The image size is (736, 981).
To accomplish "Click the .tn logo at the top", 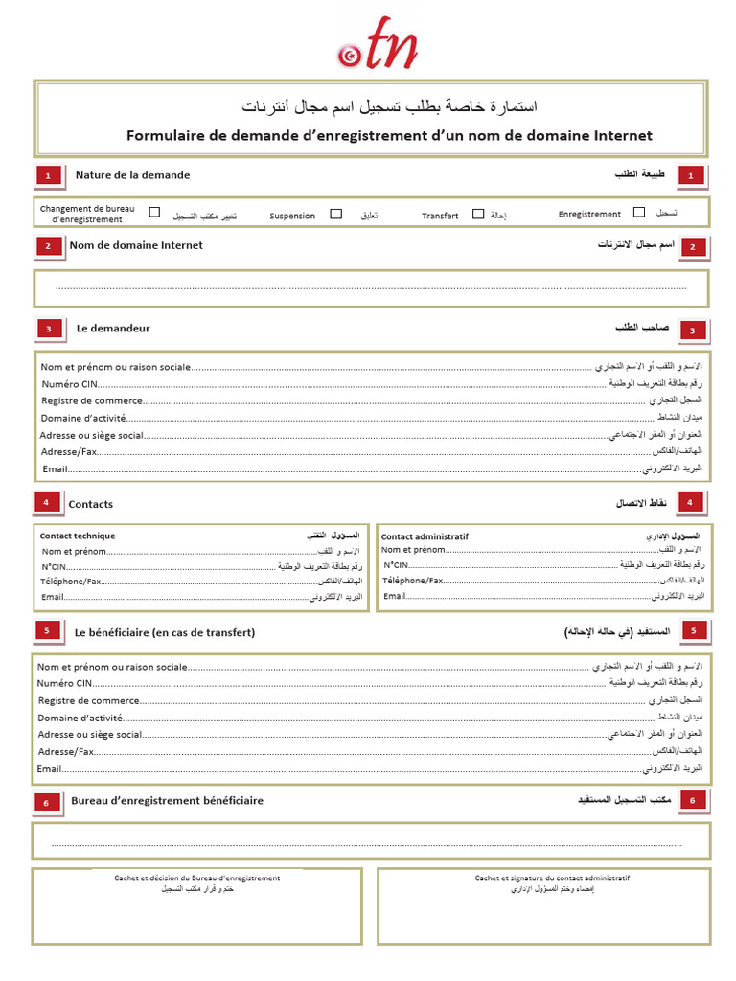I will click(378, 46).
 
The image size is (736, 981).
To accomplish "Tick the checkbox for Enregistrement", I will click(639, 214).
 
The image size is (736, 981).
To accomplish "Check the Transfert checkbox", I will click(477, 215).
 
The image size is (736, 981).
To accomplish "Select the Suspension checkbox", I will click(335, 215).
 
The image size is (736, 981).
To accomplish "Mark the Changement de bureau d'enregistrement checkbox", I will click(154, 214).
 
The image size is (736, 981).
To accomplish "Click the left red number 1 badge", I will click(49, 175).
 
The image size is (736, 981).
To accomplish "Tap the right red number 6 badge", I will click(693, 801).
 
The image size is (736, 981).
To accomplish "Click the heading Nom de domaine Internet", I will click(136, 245).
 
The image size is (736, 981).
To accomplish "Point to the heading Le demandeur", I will click(113, 329).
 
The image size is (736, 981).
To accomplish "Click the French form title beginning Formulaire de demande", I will click(389, 136).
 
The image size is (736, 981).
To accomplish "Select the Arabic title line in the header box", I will click(388, 104).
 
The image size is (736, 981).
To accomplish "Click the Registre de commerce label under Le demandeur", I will click(92, 400).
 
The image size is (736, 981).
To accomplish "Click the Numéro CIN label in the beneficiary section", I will click(64, 684).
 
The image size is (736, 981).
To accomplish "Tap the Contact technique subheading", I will click(78, 536).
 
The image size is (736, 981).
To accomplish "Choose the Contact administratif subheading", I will click(425, 536).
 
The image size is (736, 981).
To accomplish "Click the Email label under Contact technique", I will click(52, 597).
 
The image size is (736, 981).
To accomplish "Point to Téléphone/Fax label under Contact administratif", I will click(413, 581).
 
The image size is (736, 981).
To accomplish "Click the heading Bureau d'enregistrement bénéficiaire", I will click(167, 801).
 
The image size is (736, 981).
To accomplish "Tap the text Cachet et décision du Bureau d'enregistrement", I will click(197, 878).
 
